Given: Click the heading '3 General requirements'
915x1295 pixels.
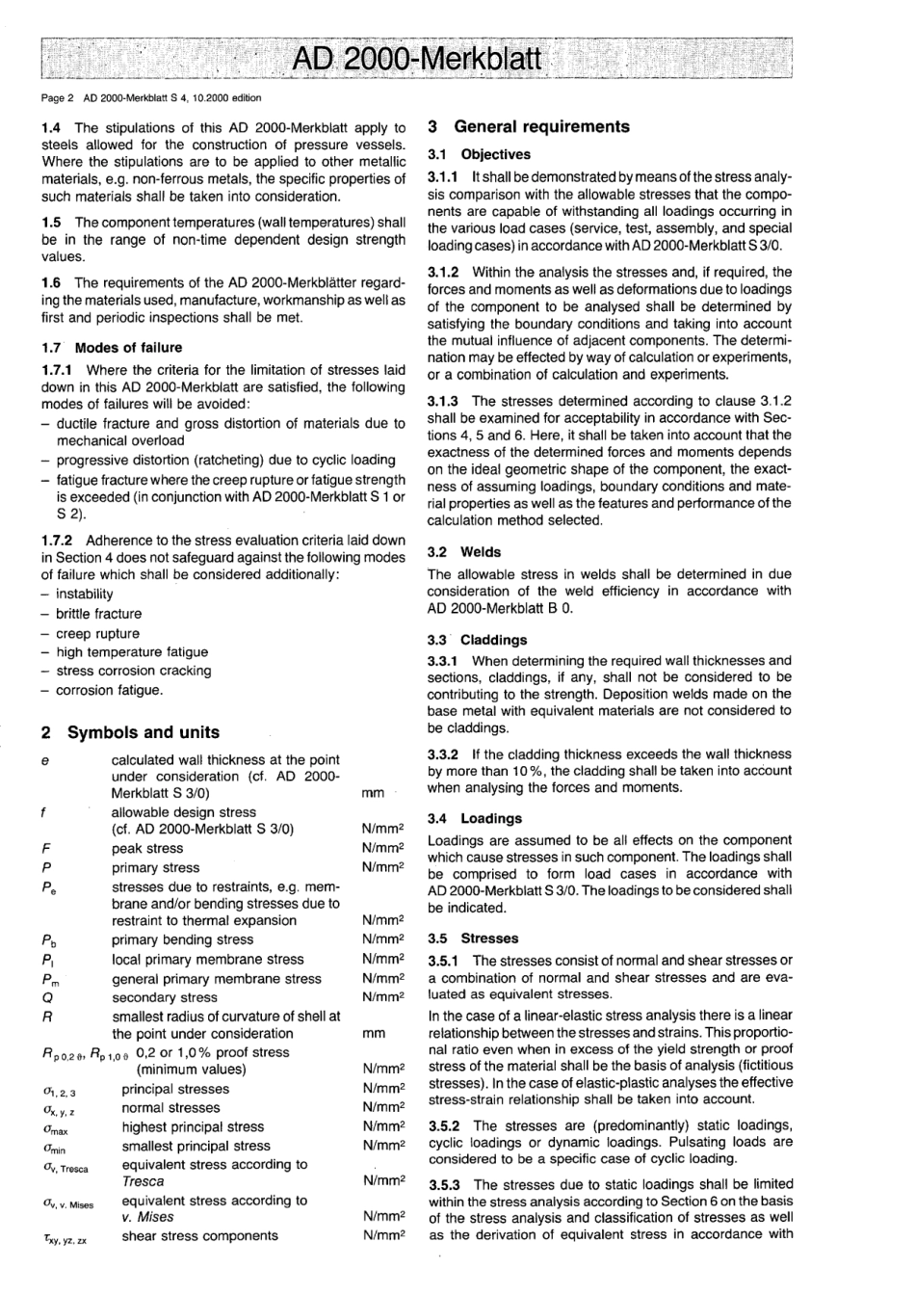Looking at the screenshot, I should (528, 126).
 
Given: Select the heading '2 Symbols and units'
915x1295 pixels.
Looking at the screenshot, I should (130, 732).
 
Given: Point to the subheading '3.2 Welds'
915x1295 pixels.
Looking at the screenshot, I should (464, 552).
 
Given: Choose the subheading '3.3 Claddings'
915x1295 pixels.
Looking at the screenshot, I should (477, 640).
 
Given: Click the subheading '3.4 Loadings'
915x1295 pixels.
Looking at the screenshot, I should (475, 819).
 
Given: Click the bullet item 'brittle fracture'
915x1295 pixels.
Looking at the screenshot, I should (98, 614).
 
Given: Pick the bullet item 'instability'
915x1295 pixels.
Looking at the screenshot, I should (85, 595).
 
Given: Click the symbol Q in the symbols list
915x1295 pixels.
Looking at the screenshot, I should (47, 997).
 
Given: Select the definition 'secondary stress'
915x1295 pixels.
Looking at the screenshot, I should (165, 997).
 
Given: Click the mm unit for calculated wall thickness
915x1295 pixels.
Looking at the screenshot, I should (373, 794).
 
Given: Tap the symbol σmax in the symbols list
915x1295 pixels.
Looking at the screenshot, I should (54, 1127).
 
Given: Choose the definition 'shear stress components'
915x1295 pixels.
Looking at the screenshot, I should (199, 1236).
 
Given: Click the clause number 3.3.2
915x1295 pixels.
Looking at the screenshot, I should (446, 754).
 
